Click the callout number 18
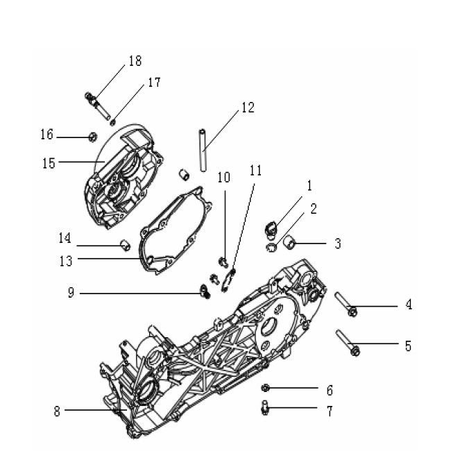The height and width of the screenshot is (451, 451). pos(134,61)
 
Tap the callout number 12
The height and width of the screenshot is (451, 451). pos(248,108)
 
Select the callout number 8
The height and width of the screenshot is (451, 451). pos(58,411)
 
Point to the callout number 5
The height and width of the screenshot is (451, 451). pos(408,345)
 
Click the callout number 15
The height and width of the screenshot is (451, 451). pos(49,163)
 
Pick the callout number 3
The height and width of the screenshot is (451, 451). pos(338,244)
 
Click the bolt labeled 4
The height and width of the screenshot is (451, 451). pos(346,305)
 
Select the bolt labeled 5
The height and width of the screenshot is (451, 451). pos(346,343)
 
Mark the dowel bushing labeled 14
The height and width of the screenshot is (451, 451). pos(126,244)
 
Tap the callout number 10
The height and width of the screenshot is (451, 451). pos(223,178)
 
